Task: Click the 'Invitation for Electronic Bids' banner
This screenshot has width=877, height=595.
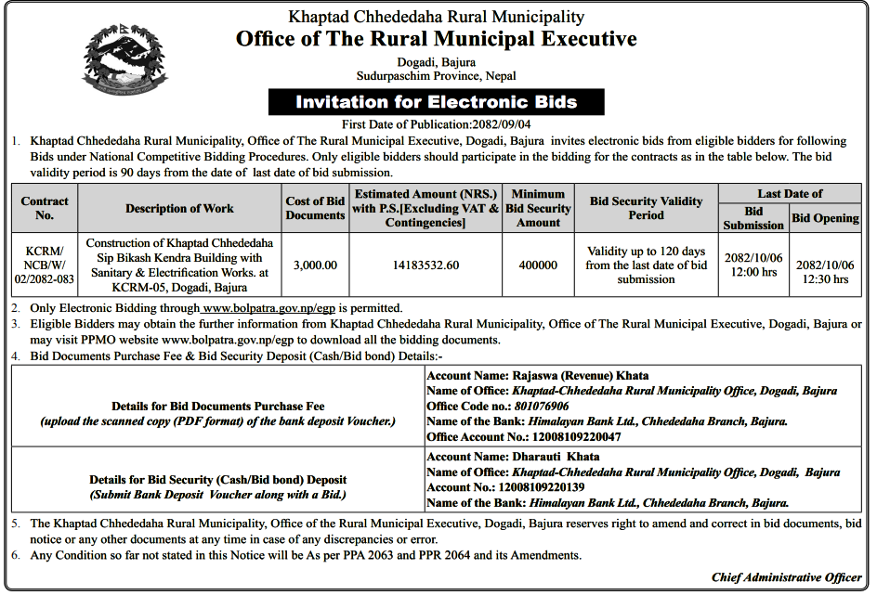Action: point(436,102)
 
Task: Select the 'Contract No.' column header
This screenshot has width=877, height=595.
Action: point(45,208)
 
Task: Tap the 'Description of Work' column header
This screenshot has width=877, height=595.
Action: point(180,208)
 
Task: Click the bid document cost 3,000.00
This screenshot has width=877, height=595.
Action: point(315,265)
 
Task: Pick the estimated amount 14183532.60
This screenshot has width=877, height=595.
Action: point(426,265)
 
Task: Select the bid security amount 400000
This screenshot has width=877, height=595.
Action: point(538,265)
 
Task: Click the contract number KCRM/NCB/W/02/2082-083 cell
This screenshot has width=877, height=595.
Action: point(45,265)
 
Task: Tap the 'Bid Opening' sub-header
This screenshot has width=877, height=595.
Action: point(825,218)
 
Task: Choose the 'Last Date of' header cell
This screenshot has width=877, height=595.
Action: point(790,194)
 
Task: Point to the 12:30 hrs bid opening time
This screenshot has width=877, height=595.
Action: point(826,278)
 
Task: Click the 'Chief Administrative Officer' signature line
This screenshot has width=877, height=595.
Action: point(786,577)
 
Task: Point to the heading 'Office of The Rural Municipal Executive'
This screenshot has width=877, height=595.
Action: point(436,39)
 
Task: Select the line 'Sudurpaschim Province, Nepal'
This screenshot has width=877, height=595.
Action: point(436,75)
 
